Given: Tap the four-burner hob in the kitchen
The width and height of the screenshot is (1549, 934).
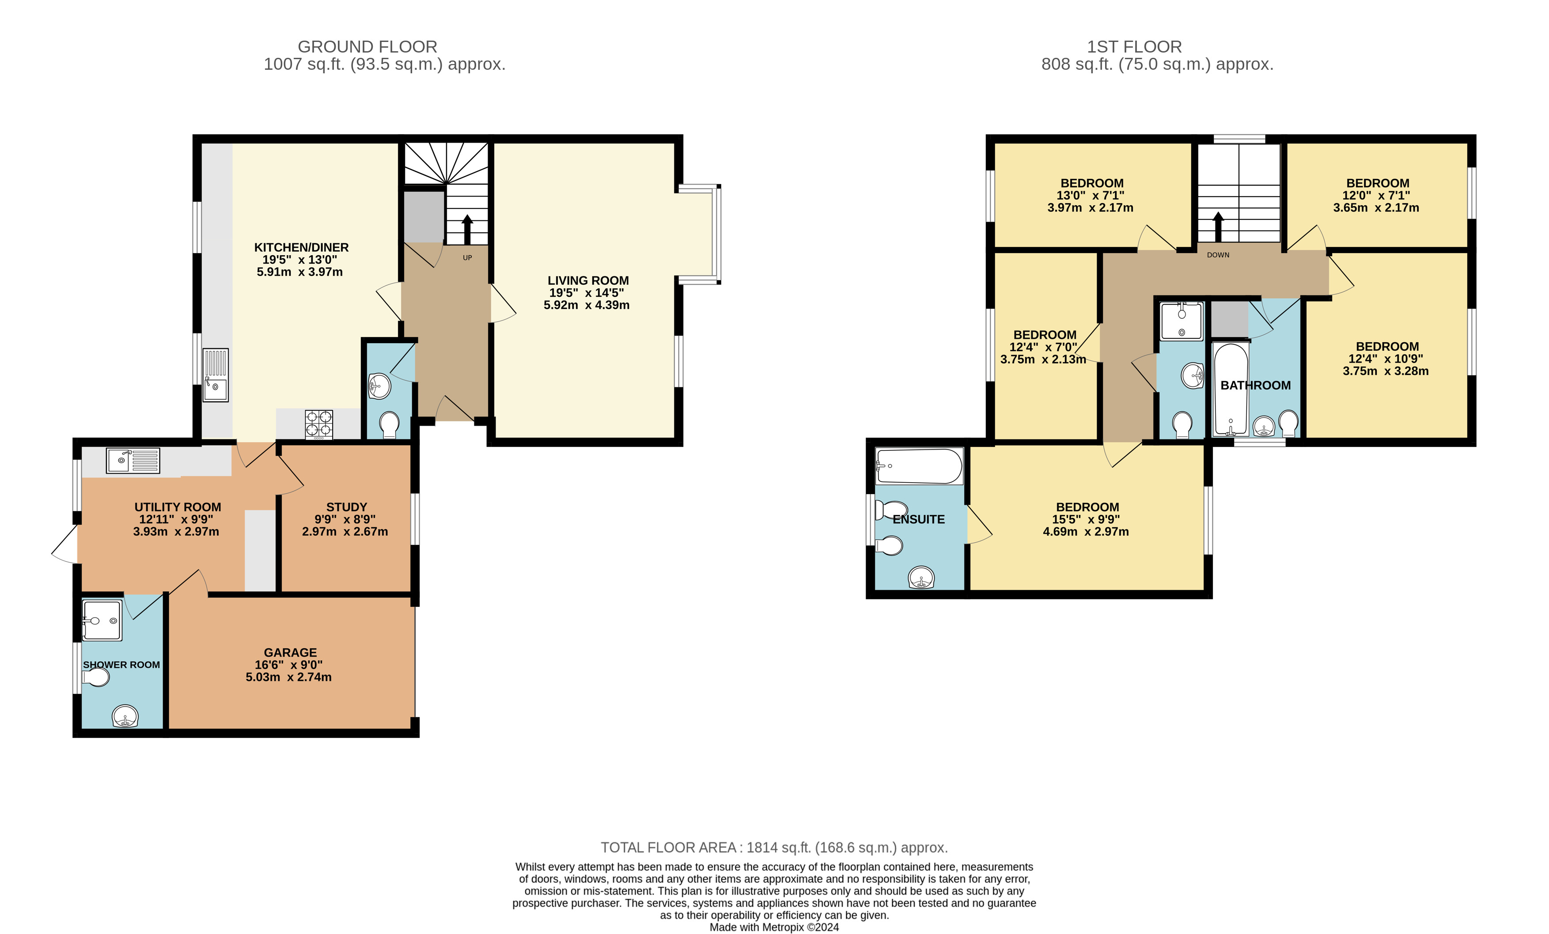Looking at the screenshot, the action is pos(319,424).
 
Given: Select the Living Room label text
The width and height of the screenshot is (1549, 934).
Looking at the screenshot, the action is pos(588,281).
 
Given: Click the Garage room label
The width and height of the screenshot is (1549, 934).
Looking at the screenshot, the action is pos(291,652).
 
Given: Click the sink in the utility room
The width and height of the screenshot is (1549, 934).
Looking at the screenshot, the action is pos(133,461).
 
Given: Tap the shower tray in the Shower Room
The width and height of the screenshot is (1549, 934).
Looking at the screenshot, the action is pos(102,620).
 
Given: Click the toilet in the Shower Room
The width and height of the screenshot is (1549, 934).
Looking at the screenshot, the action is pos(95,677).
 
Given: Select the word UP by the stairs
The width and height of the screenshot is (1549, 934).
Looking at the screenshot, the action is pos(467,258).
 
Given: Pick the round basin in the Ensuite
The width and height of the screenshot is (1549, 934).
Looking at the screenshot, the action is pos(921,578).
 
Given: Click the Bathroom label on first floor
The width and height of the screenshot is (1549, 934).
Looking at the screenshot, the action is pos(1255,385).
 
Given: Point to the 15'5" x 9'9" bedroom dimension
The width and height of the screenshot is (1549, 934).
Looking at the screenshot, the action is pos(1087,519).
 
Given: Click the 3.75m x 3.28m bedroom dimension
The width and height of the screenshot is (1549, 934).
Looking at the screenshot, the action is pos(1386,371).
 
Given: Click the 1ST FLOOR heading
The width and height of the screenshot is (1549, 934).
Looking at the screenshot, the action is pos(1134,46).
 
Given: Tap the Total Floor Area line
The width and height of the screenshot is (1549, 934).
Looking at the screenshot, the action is pos(774,847).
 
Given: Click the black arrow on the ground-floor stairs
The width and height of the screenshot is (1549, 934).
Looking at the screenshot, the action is pos(467,229).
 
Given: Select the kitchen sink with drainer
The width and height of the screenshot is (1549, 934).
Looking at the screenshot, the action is pos(215,375).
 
